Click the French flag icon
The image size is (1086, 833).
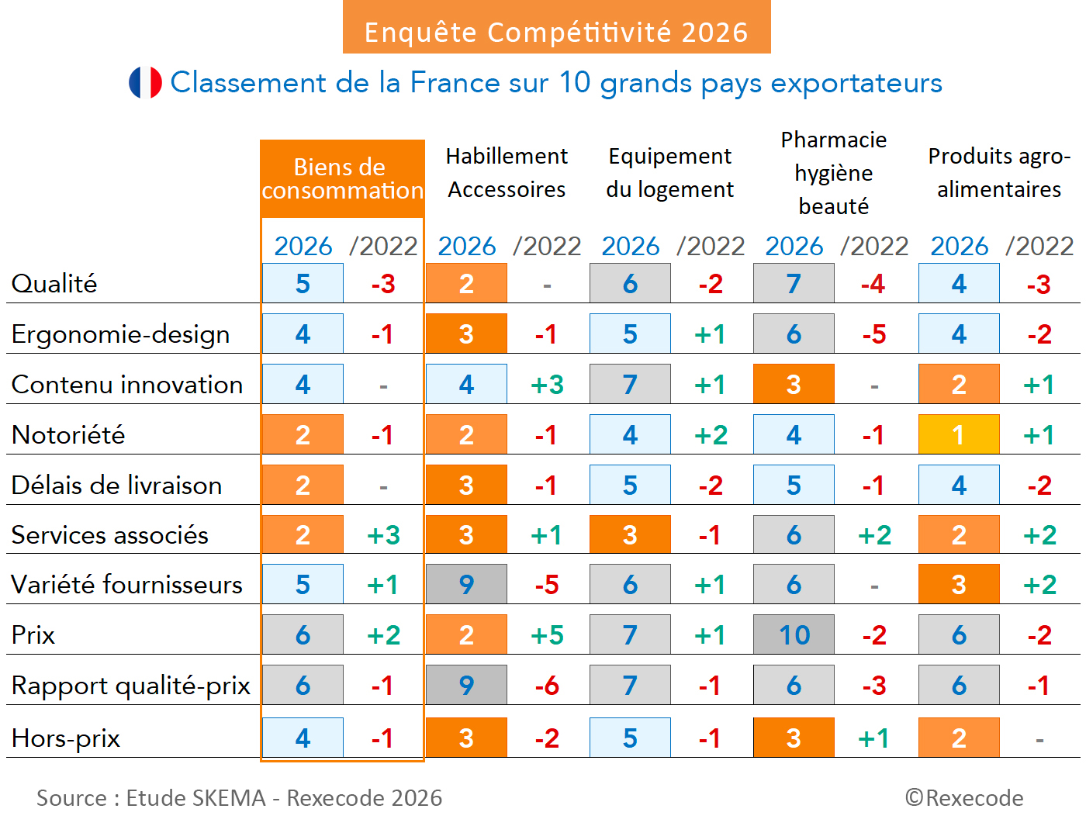point(145,82)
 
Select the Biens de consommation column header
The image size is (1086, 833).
point(341,179)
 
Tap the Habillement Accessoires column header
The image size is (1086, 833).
point(507,173)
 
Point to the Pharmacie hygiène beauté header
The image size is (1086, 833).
point(834,173)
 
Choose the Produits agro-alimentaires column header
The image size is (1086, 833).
point(998,173)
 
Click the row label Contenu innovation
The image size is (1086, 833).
point(127,385)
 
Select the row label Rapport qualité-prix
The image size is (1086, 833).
point(130,686)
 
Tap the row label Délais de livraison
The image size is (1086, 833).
point(116,486)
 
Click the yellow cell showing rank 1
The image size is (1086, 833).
point(959,434)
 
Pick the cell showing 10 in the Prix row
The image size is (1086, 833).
point(794,635)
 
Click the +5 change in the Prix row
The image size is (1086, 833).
point(547,635)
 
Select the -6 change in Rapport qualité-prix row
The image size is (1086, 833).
point(547,686)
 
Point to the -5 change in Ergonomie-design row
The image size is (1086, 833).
point(874,334)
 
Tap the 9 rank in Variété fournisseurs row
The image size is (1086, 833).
point(466,585)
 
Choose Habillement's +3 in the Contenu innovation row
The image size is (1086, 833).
point(547,385)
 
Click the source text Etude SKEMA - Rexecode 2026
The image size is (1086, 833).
point(239,798)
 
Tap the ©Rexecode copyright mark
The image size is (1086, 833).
point(964,798)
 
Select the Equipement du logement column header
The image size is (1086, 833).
point(669,173)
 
